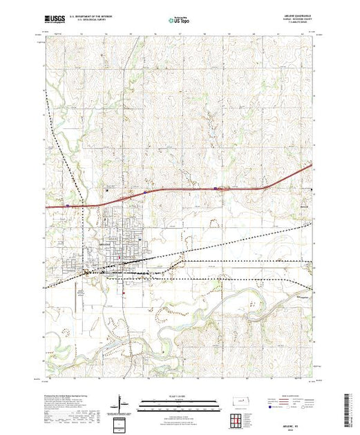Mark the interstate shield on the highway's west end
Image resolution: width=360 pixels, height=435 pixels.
(x=67, y=204)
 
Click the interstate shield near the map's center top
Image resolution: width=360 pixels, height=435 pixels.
(x=216, y=187)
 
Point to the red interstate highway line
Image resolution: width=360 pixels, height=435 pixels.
(x=173, y=190)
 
